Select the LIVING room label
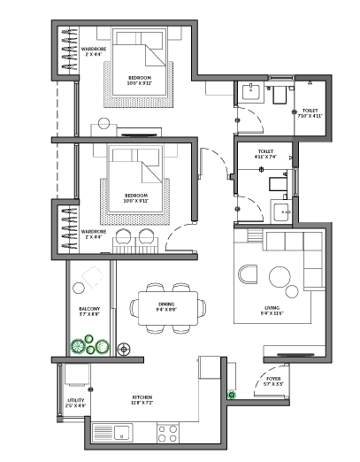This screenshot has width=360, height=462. pyautogui.click(x=271, y=309)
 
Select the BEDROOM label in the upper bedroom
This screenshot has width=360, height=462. pyautogui.click(x=139, y=80)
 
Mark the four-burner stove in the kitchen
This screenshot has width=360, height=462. pyautogui.click(x=168, y=433)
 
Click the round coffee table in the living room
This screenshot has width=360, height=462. pyautogui.click(x=281, y=277)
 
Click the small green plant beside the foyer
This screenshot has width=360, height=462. pyautogui.click(x=234, y=395)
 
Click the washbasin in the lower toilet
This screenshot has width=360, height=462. pyautogui.click(x=281, y=211)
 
